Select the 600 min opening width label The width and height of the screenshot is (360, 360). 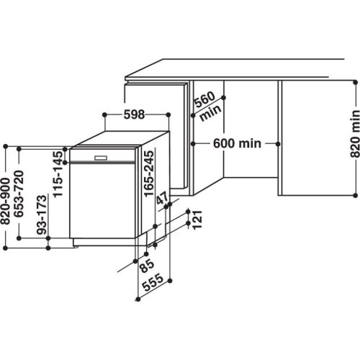pyautogui.click(x=237, y=144)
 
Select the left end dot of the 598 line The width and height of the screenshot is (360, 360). pyautogui.click(x=106, y=114)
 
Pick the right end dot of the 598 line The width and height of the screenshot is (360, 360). pyautogui.click(x=168, y=114)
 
